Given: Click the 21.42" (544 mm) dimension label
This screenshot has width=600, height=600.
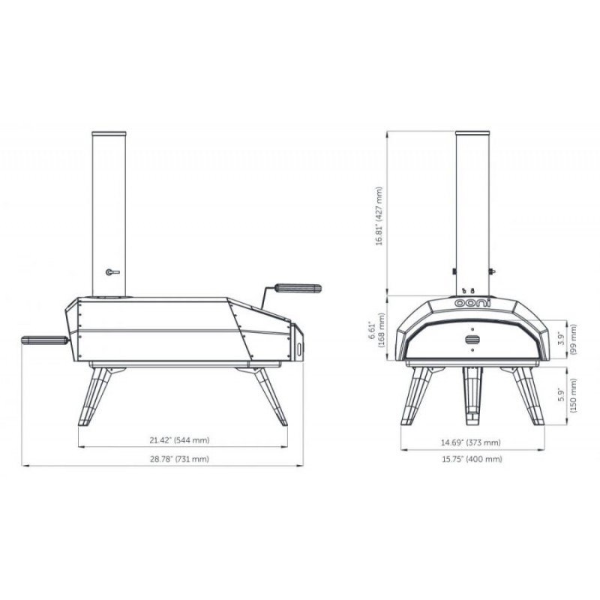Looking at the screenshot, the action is (179, 440).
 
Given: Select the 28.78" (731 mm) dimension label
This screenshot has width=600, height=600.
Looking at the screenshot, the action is (179, 459).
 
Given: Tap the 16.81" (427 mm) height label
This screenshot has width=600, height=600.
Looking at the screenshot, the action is (379, 216).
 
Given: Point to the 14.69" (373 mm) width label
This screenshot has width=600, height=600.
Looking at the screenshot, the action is (471, 442).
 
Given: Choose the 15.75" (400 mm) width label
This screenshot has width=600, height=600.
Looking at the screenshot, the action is (472, 459).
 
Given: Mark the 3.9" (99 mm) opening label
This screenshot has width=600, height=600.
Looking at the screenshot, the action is (568, 340).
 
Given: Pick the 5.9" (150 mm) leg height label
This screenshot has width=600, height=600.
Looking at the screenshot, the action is (568, 396).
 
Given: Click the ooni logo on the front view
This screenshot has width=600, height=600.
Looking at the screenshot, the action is (472, 303).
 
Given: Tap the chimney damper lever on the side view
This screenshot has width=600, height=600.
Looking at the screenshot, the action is (112, 272).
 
